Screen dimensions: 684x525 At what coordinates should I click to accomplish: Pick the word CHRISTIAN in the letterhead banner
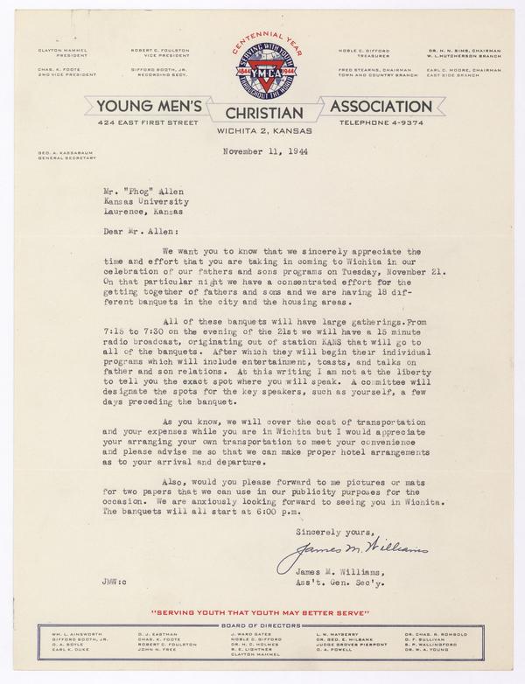[263, 111]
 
